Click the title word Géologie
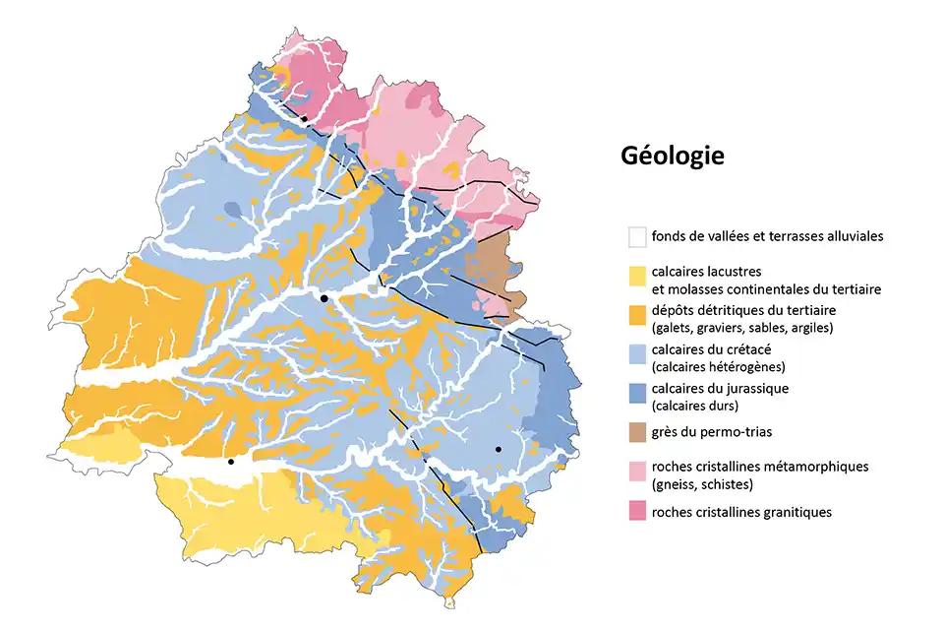coord(673,156)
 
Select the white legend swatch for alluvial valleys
coord(637,236)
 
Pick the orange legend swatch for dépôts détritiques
coord(637,314)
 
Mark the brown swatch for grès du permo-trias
coord(637,431)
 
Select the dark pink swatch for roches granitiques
coord(637,511)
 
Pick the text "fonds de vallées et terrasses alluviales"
coord(767,236)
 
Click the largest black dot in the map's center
coord(324,297)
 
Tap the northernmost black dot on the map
coord(304,118)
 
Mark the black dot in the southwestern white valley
coord(230,462)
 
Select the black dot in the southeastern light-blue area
coord(499,449)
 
